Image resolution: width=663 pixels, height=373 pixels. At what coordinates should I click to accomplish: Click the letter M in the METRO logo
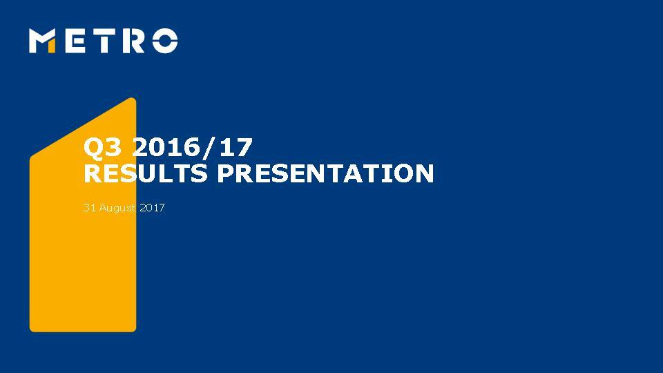pos(43,41)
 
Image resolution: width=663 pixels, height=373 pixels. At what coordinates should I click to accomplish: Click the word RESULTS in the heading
pos(145,173)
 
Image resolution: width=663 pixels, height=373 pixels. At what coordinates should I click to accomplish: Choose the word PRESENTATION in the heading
pos(325,173)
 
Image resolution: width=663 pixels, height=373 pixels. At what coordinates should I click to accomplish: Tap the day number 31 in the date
pos(88,207)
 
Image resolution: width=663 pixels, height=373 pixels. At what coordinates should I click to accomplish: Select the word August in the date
pos(117,207)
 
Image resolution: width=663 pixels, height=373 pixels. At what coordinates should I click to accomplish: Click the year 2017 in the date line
pos(152,207)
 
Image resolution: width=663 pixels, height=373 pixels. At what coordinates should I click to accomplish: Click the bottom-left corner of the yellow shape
pos(32,329)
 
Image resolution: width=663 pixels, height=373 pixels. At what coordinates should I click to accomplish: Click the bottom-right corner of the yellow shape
pos(133,329)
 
